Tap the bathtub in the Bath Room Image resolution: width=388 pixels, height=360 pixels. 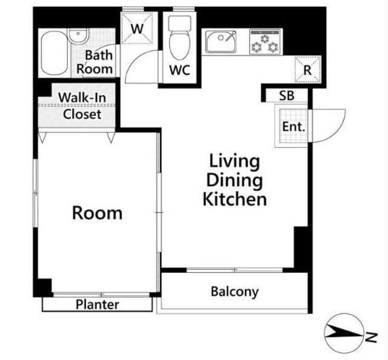click(55, 53)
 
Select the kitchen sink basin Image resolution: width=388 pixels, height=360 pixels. click(221, 41)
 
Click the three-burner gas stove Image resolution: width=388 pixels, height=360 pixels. click(265, 41)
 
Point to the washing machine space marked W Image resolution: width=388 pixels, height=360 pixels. click(137, 28)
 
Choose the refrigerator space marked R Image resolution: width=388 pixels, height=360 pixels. click(307, 70)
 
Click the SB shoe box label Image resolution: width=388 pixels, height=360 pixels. click(287, 96)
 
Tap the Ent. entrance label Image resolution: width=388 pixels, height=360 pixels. click(293, 127)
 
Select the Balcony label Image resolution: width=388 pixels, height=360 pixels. click(235, 292)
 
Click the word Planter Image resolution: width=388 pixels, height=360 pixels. click(97, 305)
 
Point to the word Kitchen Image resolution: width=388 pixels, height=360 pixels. click(235, 199)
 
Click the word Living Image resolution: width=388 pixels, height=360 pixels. click(235, 162)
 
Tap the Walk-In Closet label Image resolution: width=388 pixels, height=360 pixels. click(82, 106)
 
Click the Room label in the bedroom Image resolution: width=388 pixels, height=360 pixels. click(97, 213)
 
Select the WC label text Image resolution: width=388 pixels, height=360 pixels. click(179, 70)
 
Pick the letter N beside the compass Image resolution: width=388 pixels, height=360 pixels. click(371, 337)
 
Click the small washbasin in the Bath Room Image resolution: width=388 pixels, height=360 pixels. click(78, 36)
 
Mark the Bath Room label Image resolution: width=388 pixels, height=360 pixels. click(95, 62)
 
